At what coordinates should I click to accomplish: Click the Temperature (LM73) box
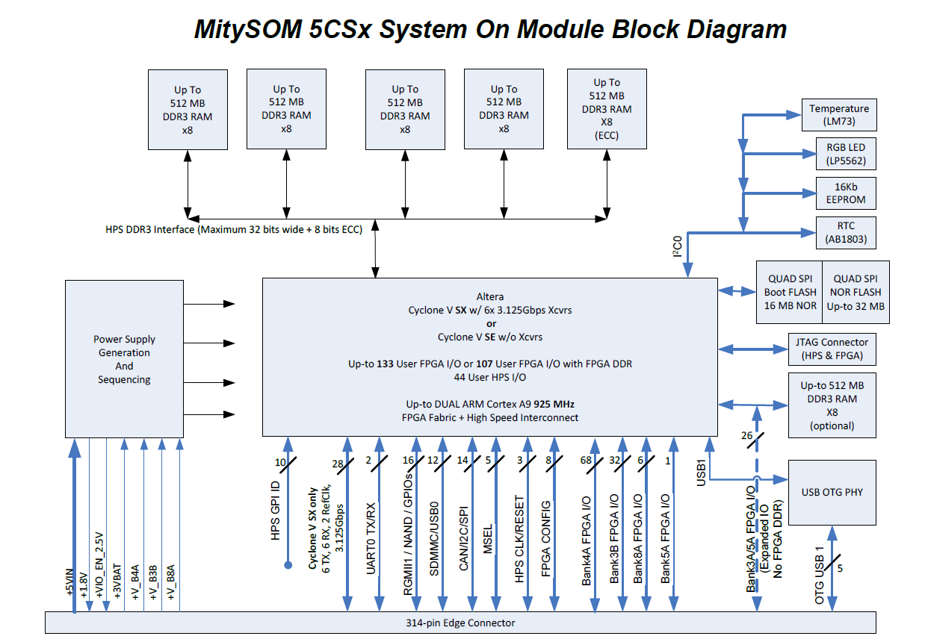point(838,115)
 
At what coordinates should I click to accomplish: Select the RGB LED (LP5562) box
point(838,154)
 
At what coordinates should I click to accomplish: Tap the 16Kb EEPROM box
point(838,193)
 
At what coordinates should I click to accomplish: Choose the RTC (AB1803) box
point(838,232)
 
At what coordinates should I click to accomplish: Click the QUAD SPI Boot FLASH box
point(790,292)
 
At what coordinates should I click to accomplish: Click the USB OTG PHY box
point(832,492)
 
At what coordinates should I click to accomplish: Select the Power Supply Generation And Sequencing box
point(124,359)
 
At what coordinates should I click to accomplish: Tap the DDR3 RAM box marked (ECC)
point(606,109)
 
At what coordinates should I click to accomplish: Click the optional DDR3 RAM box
point(832,405)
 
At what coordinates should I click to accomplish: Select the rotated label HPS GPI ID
point(276,511)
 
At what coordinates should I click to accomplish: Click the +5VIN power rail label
point(70,583)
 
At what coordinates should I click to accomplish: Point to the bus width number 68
point(586,461)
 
